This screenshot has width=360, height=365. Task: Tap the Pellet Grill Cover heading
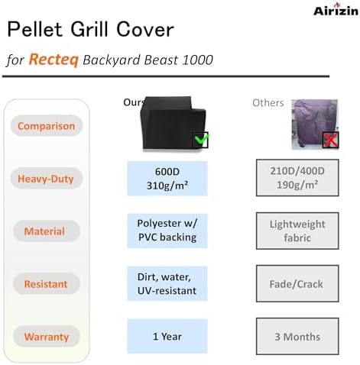coord(90,31)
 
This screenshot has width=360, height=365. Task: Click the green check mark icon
coord(200,141)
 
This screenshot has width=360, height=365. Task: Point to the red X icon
coord(330,140)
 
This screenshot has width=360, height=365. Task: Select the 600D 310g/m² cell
coord(167,179)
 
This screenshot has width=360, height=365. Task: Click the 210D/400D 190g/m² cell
coord(297,179)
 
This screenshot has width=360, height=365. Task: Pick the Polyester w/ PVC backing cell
coord(167,231)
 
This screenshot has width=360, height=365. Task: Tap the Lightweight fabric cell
coord(297,231)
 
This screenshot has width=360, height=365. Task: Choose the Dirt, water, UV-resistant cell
coord(167,283)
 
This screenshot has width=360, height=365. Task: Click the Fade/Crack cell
coord(297,283)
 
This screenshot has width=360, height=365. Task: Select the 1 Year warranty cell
coord(167,336)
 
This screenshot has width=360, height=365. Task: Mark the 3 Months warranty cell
coord(297,336)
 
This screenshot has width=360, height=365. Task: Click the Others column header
coord(268,103)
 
